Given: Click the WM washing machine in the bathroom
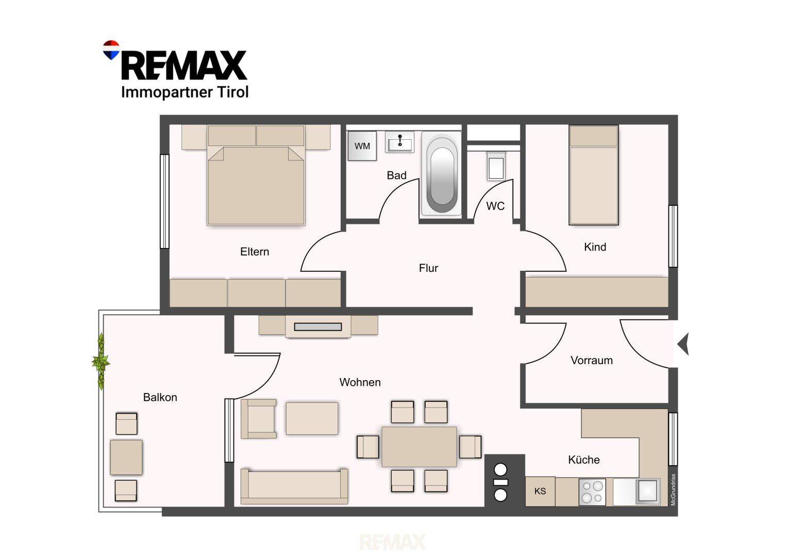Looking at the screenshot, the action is point(362,146).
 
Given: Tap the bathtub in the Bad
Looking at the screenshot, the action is point(442,174).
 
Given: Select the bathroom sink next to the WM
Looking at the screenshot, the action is point(399,142).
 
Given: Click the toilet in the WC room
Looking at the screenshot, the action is point(496,166).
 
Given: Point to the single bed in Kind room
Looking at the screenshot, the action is point(593,175).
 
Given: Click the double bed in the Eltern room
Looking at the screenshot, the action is point(256,175).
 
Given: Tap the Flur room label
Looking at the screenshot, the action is point(428,268).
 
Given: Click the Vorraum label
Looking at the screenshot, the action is point(592,361).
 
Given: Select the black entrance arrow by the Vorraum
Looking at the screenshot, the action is point(683,344).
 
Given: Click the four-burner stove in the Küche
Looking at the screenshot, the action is point(592,492).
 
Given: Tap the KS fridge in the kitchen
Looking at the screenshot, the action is point(540,491).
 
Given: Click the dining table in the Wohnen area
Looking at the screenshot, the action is point(419,447).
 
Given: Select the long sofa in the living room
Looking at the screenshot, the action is point(294,486).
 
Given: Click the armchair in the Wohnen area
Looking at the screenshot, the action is point(259,419).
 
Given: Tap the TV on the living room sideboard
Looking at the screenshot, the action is point(318,327).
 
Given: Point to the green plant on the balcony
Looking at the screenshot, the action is point(101,361).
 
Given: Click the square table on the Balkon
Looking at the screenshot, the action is point(126,457).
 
